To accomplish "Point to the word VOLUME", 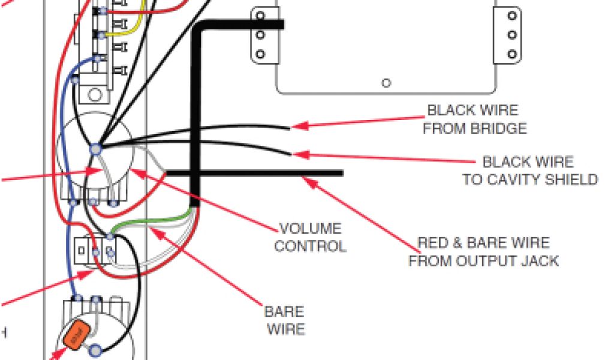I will tap(311, 229).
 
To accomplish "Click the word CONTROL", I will tap(311, 246).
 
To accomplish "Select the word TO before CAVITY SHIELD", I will tap(472, 179).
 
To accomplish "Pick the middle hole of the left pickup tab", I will tap(260, 35).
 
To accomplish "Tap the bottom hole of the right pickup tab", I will tap(512, 54).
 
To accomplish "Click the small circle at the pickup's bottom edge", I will tap(387, 83).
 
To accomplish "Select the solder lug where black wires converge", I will tap(95, 147).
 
